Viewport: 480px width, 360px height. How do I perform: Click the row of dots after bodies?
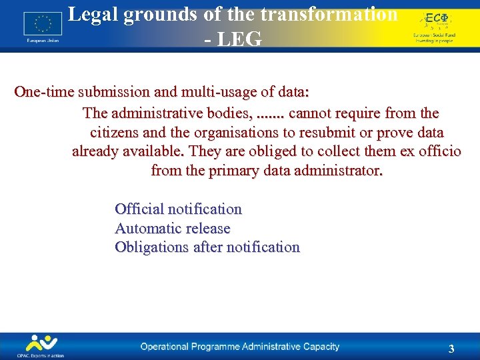pyautogui.click(x=271, y=113)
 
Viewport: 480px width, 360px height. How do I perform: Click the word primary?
pyautogui.click(x=233, y=171)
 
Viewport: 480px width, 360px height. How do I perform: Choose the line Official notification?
pyautogui.click(x=178, y=209)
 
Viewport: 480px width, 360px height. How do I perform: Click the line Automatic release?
pyautogui.click(x=172, y=229)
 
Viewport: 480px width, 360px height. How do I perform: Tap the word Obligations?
pyautogui.click(x=152, y=247)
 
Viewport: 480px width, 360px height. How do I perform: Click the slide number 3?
pyautogui.click(x=451, y=349)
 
